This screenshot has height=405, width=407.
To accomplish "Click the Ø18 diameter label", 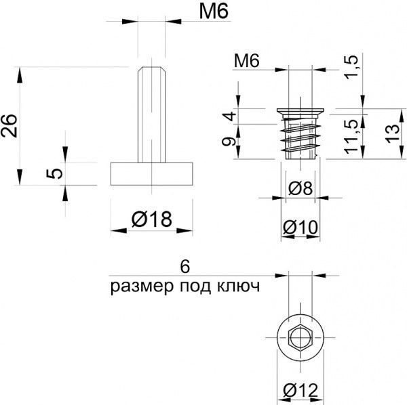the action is click(151, 219).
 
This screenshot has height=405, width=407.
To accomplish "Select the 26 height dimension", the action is click(9, 126).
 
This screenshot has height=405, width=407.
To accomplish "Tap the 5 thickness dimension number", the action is click(54, 173).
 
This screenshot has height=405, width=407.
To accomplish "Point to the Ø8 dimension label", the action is click(301, 188).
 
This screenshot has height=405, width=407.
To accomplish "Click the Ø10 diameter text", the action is click(301, 228).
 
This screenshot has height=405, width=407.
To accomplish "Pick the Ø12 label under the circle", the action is click(301, 390).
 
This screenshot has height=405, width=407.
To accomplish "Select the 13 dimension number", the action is click(392, 133).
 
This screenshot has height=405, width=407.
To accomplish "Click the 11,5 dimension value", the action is click(351, 137).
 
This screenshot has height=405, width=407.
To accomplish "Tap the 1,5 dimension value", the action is click(351, 67).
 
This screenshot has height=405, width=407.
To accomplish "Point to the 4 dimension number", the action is click(230, 116).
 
